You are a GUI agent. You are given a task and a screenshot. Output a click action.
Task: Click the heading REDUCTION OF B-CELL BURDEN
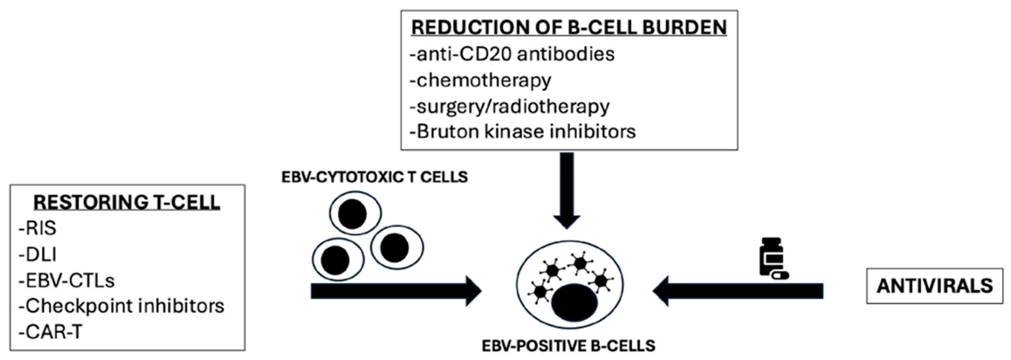point(569,27)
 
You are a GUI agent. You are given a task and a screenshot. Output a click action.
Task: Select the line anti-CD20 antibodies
point(512,54)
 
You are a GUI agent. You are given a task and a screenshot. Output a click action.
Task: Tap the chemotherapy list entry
point(480,80)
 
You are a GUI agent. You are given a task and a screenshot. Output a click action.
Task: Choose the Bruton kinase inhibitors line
point(522,132)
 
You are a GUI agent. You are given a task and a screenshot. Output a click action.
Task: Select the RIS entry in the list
point(38,228)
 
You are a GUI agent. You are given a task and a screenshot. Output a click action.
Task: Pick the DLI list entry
point(38,255)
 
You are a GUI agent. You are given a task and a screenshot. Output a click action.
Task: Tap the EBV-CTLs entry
point(67,280)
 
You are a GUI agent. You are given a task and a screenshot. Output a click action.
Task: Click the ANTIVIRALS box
point(935,286)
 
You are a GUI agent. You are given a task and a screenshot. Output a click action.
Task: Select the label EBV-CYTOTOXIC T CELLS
point(374,177)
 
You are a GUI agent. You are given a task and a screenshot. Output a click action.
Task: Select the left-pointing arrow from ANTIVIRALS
point(738,291)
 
